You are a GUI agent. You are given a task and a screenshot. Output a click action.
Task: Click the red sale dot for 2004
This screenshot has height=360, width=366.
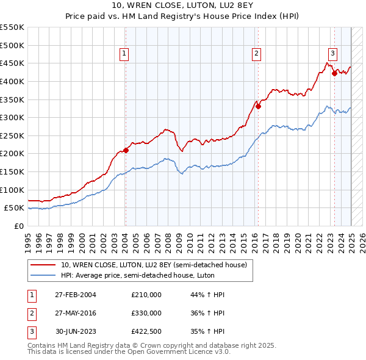click(x=126, y=150)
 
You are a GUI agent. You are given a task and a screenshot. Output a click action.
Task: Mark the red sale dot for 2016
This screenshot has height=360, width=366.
click(x=259, y=106)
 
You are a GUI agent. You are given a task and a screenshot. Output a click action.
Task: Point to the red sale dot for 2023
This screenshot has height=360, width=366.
click(x=334, y=73)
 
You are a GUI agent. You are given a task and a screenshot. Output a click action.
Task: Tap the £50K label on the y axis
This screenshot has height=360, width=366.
click(x=15, y=208)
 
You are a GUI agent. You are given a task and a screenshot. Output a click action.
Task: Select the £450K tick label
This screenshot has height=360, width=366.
click(x=12, y=63)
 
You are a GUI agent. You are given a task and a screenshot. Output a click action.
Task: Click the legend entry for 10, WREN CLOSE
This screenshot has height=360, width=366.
click(x=153, y=265)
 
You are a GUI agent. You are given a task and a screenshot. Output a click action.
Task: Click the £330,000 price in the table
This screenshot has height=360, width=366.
click(x=146, y=312)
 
